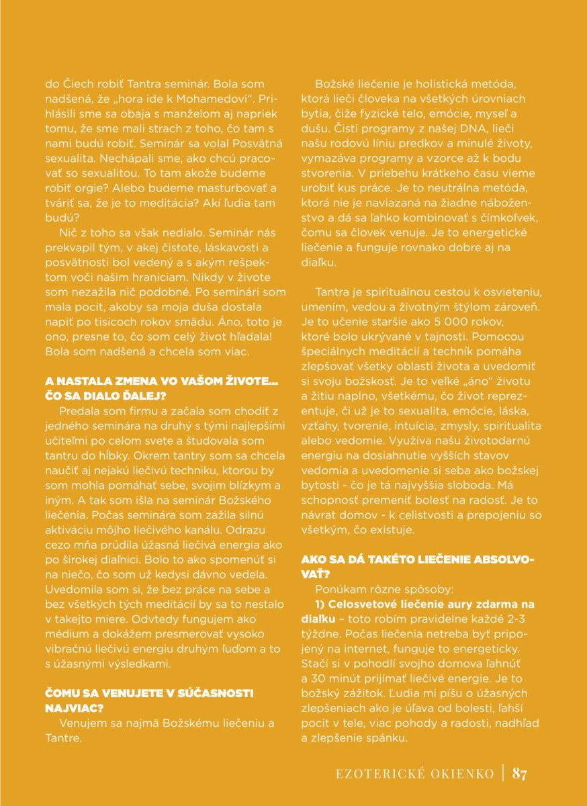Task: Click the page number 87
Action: pos(520,773)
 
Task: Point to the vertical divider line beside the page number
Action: pos(502,773)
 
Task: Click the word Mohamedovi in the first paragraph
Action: pos(233,101)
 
